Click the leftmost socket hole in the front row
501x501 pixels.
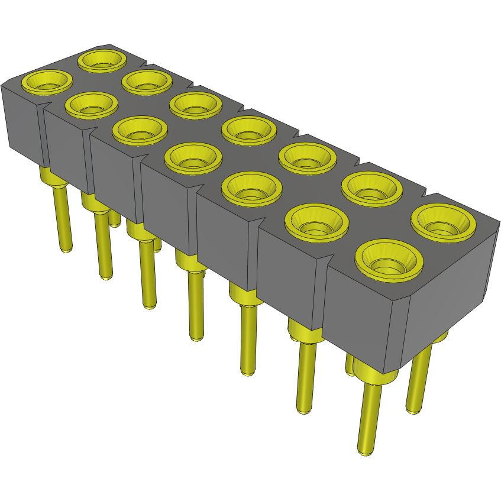pyautogui.click(x=47, y=82)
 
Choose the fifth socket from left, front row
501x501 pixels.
pyautogui.click(x=251, y=188)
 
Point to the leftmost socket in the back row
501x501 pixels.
pyautogui.click(x=102, y=59)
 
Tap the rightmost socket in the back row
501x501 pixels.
pyautogui.click(x=444, y=221)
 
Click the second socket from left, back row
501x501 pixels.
pyautogui.click(x=146, y=82)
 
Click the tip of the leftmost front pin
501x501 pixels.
pyautogui.click(x=67, y=250)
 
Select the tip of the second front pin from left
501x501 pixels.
pyautogui.click(x=106, y=276)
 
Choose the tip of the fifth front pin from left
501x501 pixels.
pyautogui.click(x=248, y=372)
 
